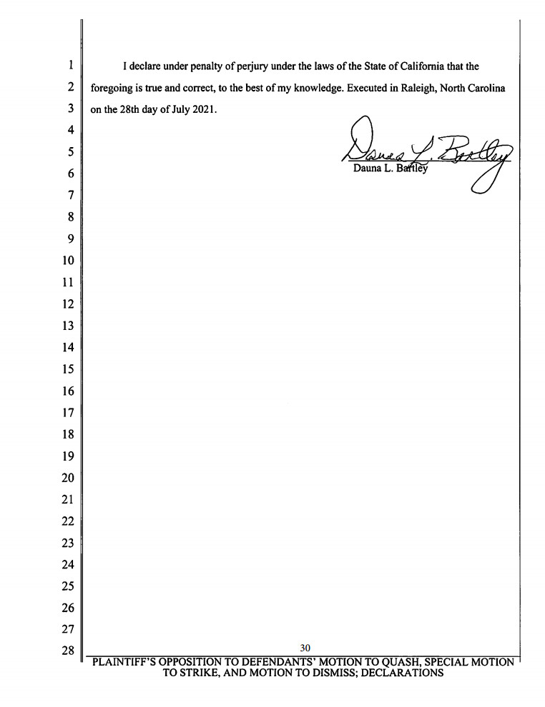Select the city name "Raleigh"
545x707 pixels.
click(408, 89)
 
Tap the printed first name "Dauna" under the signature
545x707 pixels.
click(367, 169)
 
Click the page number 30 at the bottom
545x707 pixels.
click(305, 648)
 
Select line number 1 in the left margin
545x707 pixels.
click(72, 66)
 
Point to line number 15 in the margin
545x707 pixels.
click(69, 369)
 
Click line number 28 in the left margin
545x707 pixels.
click(69, 651)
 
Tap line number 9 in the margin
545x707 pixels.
click(72, 239)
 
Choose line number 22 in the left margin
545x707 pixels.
click(69, 521)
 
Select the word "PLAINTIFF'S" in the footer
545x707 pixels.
click(127, 662)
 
